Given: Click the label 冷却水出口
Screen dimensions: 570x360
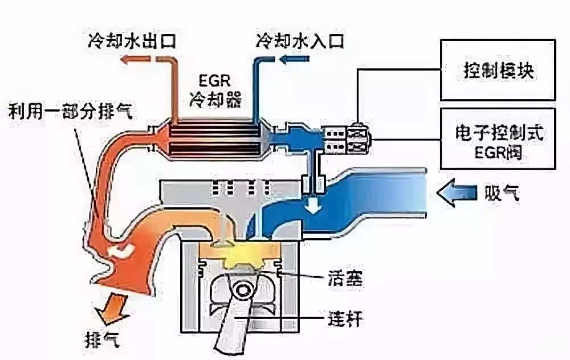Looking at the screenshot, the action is tap(132, 40).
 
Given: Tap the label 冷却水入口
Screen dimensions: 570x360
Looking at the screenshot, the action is tap(300, 40).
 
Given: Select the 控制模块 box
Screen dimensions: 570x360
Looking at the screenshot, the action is tap(498, 69).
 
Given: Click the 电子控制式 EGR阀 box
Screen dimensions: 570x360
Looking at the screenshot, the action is tap(498, 138).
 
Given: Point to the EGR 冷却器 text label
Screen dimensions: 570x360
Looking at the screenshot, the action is tap(215, 91).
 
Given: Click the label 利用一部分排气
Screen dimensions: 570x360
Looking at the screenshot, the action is tap(70, 111).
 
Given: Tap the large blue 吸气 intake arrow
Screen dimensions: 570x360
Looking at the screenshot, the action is tap(457, 193).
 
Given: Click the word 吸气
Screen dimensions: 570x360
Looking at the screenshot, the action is tap(502, 193).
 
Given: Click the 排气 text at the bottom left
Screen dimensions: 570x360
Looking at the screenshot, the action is tap(102, 340).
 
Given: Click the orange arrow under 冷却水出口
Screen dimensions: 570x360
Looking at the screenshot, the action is tap(135, 59).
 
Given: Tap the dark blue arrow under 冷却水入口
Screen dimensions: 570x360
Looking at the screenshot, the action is tap(295, 59).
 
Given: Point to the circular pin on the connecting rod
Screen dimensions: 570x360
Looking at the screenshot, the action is tap(241, 291).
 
